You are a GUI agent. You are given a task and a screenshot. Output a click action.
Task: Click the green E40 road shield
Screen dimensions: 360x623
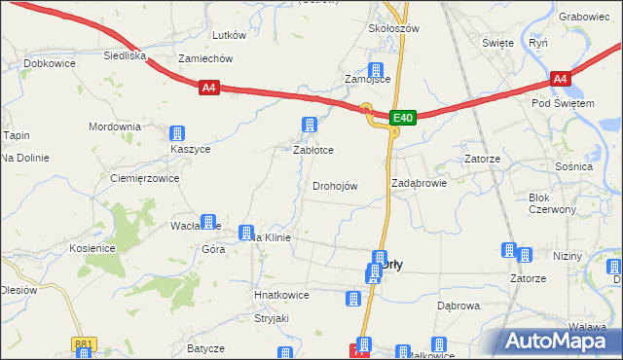[x=404, y=118]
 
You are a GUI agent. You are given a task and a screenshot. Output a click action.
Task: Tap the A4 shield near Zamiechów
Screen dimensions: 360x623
[x=209, y=88]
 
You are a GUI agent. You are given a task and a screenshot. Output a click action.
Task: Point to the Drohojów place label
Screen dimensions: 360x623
[x=335, y=186]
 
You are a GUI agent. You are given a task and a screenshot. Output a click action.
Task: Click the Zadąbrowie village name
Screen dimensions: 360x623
[x=419, y=182]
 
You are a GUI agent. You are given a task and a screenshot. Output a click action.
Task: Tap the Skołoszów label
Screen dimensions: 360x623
[x=393, y=28]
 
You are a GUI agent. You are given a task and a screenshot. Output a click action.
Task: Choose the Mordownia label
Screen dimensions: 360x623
[x=115, y=127]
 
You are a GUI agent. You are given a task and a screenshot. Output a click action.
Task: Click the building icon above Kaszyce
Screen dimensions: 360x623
[x=177, y=133]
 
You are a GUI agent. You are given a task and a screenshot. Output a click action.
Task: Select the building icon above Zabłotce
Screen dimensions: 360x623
[x=310, y=125]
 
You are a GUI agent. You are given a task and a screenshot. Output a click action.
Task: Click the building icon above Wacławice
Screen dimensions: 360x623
[x=208, y=223]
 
